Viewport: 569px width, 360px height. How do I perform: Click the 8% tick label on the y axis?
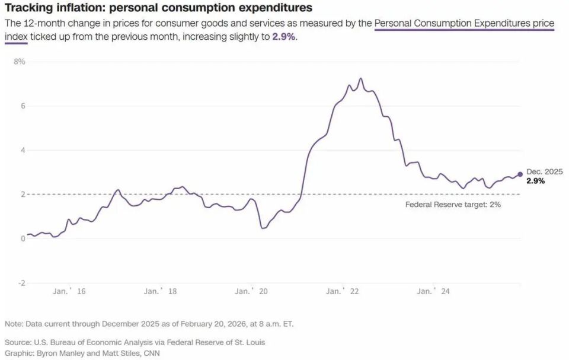point(20,62)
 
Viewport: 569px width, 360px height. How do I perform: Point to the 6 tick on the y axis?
point(23,106)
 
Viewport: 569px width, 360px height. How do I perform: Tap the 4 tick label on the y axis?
point(23,151)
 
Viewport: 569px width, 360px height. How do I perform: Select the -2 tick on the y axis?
point(21,283)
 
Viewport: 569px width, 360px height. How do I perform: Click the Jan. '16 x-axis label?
point(69,291)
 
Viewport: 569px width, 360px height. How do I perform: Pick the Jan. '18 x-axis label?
point(160,291)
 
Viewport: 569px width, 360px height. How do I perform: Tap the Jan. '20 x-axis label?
point(251,291)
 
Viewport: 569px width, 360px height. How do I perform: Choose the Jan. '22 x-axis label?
point(343,291)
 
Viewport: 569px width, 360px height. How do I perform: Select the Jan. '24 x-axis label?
point(434,291)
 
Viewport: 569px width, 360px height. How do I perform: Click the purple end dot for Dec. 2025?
point(520,174)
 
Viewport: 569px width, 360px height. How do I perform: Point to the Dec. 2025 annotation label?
point(544,171)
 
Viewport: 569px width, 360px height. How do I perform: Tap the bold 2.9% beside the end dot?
point(536,181)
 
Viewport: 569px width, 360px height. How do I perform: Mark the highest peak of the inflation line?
point(360,78)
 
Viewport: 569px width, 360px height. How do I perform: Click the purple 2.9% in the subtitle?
point(284,37)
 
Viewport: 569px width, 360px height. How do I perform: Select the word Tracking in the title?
point(27,8)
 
